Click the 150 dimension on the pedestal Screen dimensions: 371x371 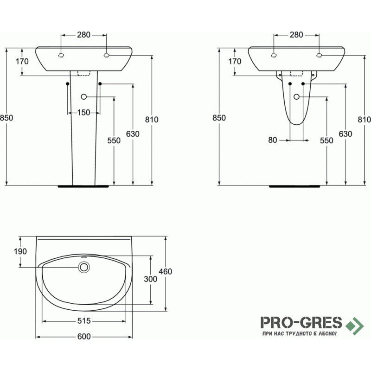tap(84, 113)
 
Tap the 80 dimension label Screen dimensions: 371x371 tap(273, 140)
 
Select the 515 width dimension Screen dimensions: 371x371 tap(84, 321)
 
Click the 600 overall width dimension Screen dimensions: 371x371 tap(84, 337)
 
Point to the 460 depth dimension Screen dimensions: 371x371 tap(166, 271)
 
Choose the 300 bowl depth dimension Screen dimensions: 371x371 tap(150, 279)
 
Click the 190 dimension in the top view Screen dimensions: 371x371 tap(20, 251)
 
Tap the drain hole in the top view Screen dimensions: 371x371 tap(84, 267)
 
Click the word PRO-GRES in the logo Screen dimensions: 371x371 tap(301, 322)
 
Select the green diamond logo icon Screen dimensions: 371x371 tap(354, 326)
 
